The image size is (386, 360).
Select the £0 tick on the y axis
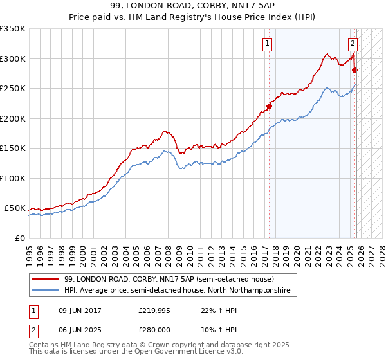click(21, 238)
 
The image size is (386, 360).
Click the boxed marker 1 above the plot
click(266, 44)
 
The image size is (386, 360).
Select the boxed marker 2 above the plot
click(353, 44)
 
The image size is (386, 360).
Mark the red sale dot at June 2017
click(270, 107)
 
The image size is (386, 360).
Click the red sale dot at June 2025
click(355, 71)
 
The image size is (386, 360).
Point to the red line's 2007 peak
click(165, 131)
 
